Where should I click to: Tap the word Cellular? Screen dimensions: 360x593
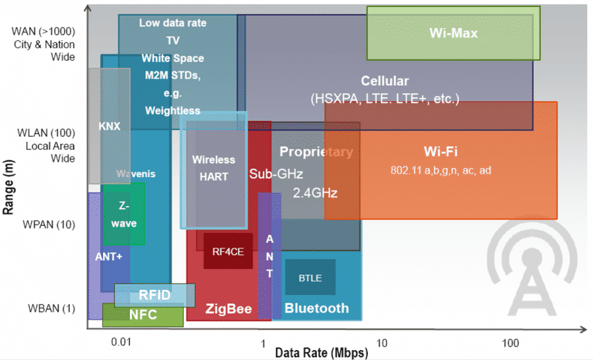[385, 80]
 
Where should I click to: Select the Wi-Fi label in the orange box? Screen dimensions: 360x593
[442, 151]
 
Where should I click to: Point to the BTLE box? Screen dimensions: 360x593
[310, 278]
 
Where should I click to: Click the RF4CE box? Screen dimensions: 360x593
[228, 251]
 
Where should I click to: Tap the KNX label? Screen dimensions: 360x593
[109, 126]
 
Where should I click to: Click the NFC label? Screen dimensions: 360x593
[143, 315]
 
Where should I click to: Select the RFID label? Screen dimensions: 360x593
[154, 294]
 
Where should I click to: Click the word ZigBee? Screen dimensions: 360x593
[228, 308]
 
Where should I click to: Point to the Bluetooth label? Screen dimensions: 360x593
[316, 308]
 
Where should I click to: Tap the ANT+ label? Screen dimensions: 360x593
[109, 256]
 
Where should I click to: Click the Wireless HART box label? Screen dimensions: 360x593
[214, 169]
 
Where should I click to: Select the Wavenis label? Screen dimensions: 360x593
[136, 174]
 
